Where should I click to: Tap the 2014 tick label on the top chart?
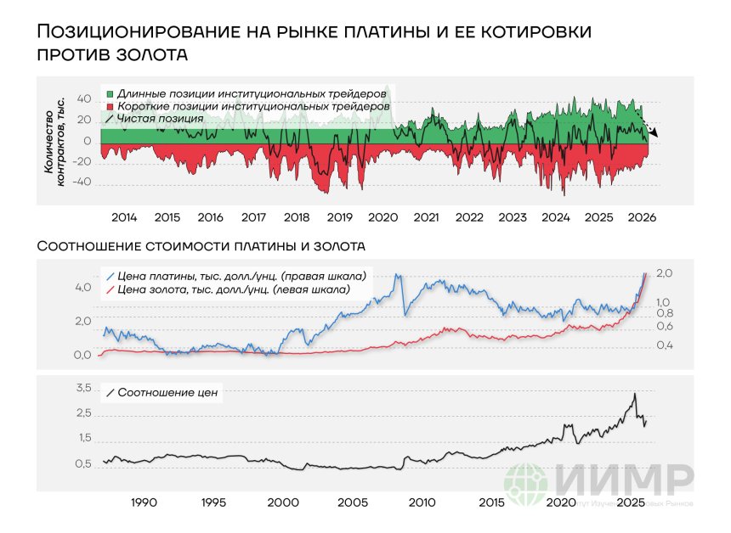pos(125,217)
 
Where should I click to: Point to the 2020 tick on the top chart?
pos(382,217)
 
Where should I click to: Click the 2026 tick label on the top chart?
pos(641,217)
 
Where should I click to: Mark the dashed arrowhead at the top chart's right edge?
pos(663,133)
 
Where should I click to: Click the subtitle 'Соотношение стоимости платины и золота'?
pos(201,247)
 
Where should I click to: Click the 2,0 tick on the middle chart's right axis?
pos(665,273)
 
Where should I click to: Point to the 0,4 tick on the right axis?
pos(665,345)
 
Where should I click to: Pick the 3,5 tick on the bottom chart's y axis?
pos(82,388)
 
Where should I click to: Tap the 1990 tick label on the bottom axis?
pos(144,502)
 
